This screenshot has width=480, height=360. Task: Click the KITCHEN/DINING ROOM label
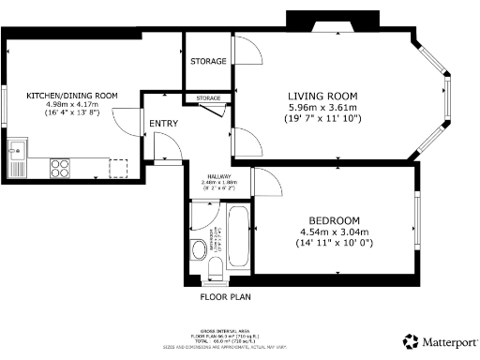pyautogui.click(x=72, y=96)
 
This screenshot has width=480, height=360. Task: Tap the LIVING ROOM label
pyautogui.click(x=324, y=95)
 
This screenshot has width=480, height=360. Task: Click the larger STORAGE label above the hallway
pyautogui.click(x=208, y=61)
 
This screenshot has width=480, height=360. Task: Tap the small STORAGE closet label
pyautogui.click(x=209, y=98)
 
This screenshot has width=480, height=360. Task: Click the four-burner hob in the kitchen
pyautogui.click(x=60, y=168)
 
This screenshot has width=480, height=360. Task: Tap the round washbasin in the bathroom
pyautogui.click(x=198, y=248)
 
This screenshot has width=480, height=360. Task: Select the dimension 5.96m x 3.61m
pyautogui.click(x=324, y=107)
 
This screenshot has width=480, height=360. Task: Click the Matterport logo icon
pyautogui.click(x=411, y=340)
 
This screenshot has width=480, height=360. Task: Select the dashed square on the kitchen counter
pyautogui.click(x=118, y=167)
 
